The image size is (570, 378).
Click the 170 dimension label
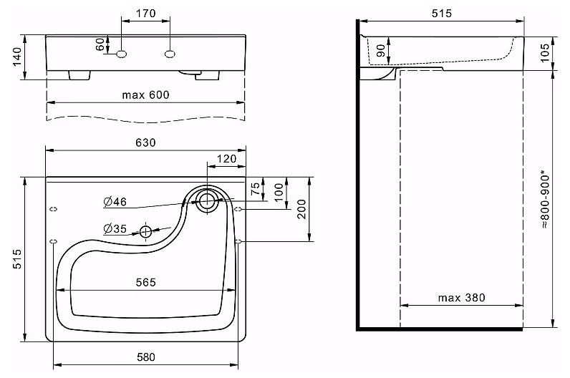tap(146, 14)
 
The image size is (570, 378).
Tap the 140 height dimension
tap(17, 57)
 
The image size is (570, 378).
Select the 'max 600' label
tap(145, 95)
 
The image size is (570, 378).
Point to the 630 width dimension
tap(146, 142)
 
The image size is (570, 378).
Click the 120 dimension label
tap(226, 158)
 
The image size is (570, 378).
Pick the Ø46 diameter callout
tap(115, 201)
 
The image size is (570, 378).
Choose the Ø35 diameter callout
tap(115, 228)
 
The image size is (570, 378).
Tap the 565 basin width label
tap(146, 282)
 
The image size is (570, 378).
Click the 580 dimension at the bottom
tap(146, 357)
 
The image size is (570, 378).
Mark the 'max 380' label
tap(462, 298)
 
